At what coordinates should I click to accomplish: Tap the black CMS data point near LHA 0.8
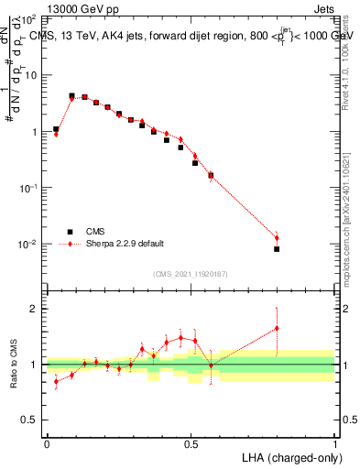(x=277, y=249)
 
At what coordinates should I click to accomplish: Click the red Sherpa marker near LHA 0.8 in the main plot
(x=277, y=238)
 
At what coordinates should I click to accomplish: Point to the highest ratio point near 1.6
(x=277, y=328)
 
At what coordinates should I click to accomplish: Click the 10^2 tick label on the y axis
(x=27, y=18)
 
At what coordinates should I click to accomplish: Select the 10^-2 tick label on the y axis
(x=27, y=245)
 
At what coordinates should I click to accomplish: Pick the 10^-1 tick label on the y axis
(x=27, y=188)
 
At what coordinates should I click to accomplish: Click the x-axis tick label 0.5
(x=191, y=443)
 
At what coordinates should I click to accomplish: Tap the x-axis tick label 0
(x=47, y=443)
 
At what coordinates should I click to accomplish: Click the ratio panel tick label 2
(x=34, y=309)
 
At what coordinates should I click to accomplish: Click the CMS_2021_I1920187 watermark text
(x=190, y=273)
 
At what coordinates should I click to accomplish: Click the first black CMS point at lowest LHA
(x=56, y=130)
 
